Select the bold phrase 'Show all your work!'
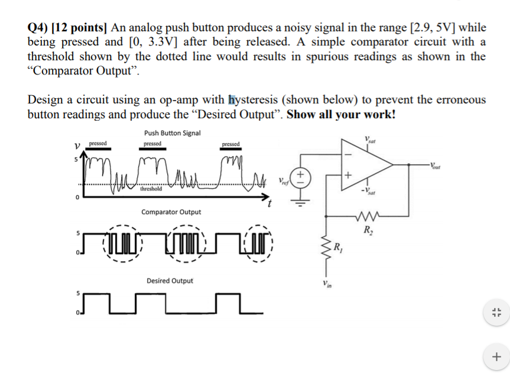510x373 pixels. pos(341,114)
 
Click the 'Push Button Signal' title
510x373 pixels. pos(172,133)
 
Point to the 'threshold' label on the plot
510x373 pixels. pos(152,189)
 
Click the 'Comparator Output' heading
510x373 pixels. pos(171,212)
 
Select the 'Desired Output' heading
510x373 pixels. pos(170,280)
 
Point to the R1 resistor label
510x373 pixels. pos(339,247)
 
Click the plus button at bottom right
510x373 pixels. pos(496,356)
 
